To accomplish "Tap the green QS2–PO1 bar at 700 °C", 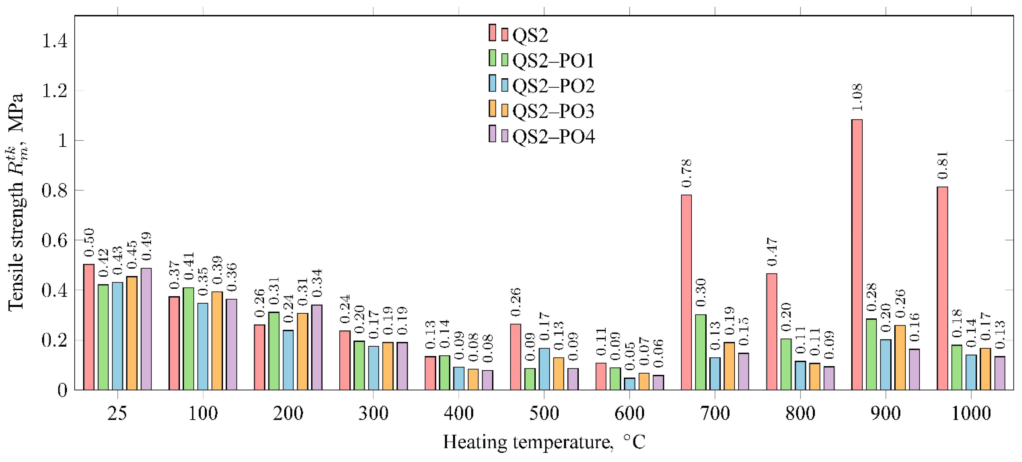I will point(701,352).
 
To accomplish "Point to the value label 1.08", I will point(857,97).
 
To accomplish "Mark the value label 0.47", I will point(772,252).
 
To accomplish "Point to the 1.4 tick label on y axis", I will point(55,41).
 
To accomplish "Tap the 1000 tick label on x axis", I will point(971,413).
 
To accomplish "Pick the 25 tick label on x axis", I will point(117,413).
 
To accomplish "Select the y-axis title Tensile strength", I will point(16,202).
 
